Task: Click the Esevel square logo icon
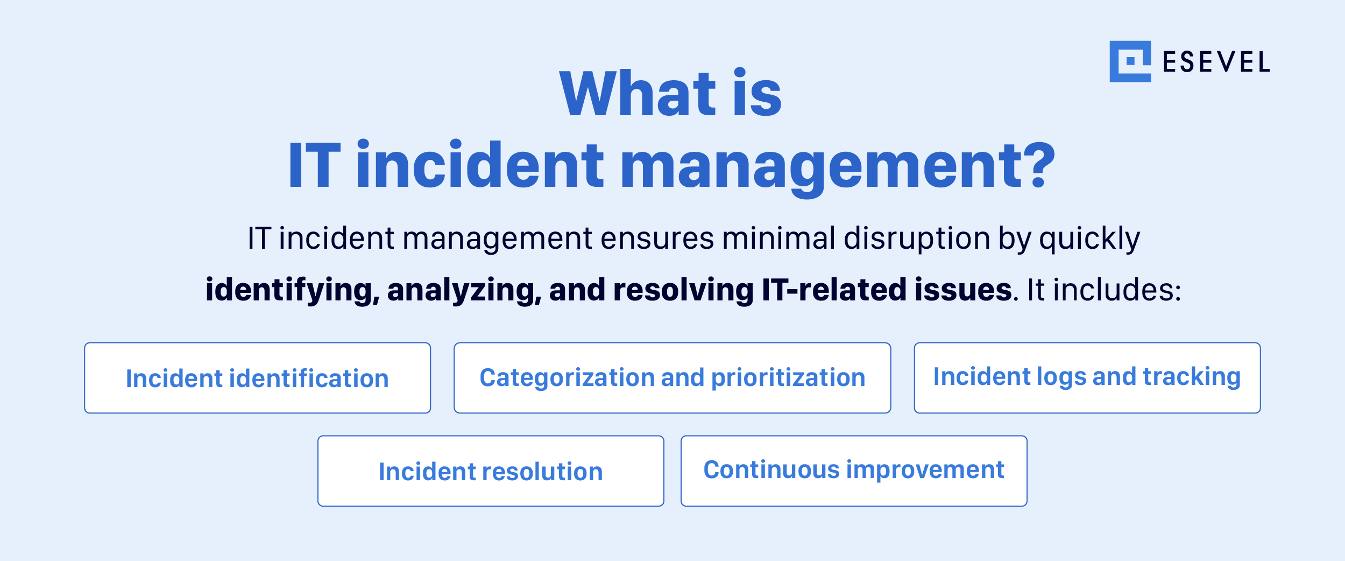click(1130, 61)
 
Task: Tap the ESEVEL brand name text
click(1216, 62)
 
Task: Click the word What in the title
click(638, 94)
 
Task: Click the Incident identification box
click(257, 378)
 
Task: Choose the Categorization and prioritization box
click(672, 378)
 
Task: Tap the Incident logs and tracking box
click(1087, 378)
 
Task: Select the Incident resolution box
click(491, 471)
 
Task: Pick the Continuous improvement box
click(854, 471)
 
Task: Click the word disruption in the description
click(916, 239)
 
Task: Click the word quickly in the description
click(1089, 239)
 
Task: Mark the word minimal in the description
click(778, 239)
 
